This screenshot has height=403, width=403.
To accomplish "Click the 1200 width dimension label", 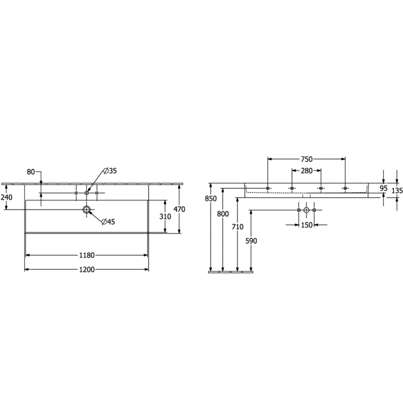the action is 87,269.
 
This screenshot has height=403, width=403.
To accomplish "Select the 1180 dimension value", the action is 87,255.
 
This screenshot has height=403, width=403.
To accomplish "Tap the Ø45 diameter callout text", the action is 108,222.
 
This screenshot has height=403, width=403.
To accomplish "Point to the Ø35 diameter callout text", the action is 110,171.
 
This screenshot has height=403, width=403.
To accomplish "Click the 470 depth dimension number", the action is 179,209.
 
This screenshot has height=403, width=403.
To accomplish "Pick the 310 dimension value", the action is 165,217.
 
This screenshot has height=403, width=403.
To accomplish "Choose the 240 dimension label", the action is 7,197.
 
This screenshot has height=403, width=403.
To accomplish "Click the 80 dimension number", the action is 31,172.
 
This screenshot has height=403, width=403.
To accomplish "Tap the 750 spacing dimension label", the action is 306,160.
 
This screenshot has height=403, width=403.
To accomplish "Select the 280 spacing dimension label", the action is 306,171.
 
